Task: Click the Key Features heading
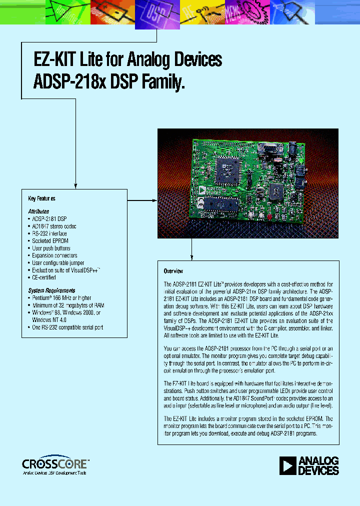click(41, 198)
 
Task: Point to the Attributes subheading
click(38, 211)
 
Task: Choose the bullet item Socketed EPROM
click(49, 241)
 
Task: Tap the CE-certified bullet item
click(44, 277)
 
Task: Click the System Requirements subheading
click(52, 290)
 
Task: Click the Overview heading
click(174, 271)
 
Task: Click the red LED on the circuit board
click(268, 216)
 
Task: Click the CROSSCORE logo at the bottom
click(55, 463)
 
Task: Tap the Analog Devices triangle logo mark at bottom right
click(288, 465)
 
